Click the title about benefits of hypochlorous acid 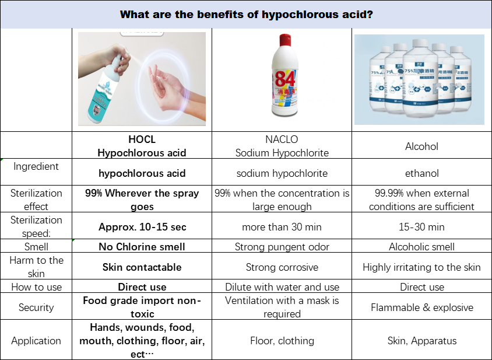coord(245,13)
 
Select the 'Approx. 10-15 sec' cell coord(142,227)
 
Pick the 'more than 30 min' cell coord(282,227)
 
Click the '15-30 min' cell coord(421,227)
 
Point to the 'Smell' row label coord(36,247)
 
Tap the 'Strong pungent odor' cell coord(282,247)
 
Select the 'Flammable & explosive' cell coord(421,307)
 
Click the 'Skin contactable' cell coord(142,267)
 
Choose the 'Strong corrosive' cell coord(282,267)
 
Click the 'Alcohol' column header coord(421,146)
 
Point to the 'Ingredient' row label coord(36,166)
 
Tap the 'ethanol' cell coord(421,173)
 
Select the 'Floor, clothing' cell coord(282,341)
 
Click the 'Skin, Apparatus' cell coord(421,341)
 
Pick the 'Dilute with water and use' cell coord(282,287)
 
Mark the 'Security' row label coord(36,307)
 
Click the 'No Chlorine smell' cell coord(142,247)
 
